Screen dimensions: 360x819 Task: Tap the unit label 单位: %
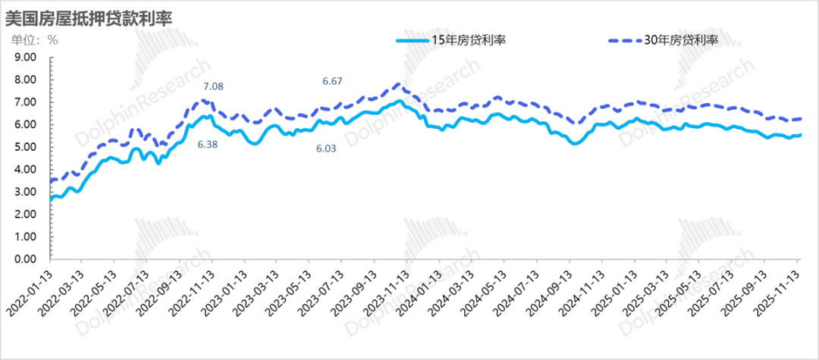point(34,40)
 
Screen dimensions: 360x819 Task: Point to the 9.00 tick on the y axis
point(25,57)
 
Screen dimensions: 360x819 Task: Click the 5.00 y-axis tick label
point(25,146)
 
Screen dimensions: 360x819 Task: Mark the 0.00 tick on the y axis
point(25,258)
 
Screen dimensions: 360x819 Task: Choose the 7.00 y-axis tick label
point(25,102)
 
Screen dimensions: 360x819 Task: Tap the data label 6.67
point(333,81)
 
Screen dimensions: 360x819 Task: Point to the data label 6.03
point(328,150)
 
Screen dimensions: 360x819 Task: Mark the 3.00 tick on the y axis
point(25,192)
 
